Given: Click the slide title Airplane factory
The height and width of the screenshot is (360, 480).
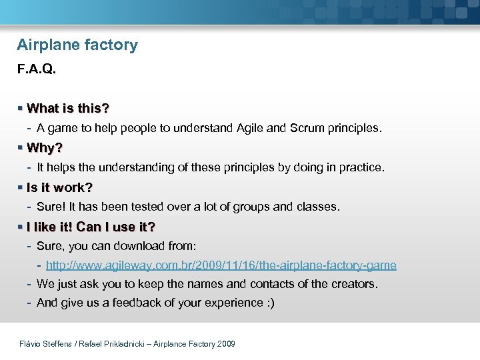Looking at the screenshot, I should point(77,45).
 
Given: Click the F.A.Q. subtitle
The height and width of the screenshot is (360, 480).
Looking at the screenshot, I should point(37,69).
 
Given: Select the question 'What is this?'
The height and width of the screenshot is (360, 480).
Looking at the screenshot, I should point(68,108).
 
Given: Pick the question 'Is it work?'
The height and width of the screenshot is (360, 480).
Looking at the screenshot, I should point(59,187).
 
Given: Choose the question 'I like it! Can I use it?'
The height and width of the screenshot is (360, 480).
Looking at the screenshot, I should point(91,227).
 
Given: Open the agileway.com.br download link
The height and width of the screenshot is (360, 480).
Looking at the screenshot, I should point(221,265).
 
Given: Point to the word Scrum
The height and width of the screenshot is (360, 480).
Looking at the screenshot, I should point(307,127).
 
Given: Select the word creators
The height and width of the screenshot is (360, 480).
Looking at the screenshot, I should point(353,284).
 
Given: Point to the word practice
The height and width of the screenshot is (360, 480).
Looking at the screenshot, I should point(359,167).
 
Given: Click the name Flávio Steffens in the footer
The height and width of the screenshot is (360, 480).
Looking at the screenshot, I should point(47,344).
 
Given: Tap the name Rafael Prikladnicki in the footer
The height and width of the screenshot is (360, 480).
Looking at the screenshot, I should point(114,344).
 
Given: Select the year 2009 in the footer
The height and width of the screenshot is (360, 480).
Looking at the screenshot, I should point(225,344).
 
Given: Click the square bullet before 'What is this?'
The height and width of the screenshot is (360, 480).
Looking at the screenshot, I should point(21,108).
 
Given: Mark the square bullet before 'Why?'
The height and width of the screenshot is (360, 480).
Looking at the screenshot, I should point(21,147).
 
